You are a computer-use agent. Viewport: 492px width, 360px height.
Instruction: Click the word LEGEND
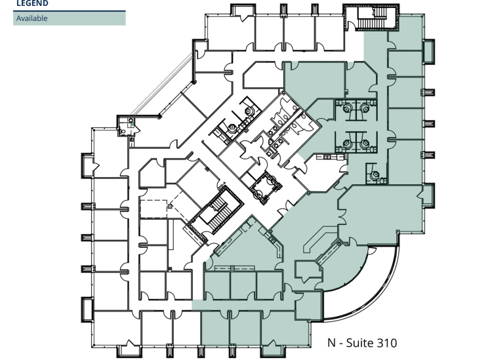click(32, 3)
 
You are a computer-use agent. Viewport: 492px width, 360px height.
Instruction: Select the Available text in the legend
click(32, 18)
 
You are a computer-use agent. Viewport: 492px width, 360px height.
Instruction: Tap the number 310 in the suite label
click(386, 343)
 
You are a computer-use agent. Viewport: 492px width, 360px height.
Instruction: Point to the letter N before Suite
click(331, 343)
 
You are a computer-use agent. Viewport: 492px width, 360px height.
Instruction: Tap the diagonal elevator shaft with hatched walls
click(266, 188)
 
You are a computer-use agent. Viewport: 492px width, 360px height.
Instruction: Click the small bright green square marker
click(133, 125)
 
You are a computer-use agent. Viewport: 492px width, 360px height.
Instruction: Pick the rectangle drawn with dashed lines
click(154, 209)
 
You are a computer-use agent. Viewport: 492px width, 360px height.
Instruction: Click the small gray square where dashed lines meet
click(170, 206)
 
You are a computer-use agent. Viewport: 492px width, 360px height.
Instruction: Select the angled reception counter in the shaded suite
click(320, 238)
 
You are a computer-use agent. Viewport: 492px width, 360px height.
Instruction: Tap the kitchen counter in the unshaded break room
click(331, 157)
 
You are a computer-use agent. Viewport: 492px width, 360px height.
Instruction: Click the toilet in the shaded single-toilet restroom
click(375, 174)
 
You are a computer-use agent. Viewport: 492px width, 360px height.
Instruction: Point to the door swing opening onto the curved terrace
click(371, 250)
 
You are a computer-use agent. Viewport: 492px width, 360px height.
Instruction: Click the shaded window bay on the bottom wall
click(273, 351)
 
